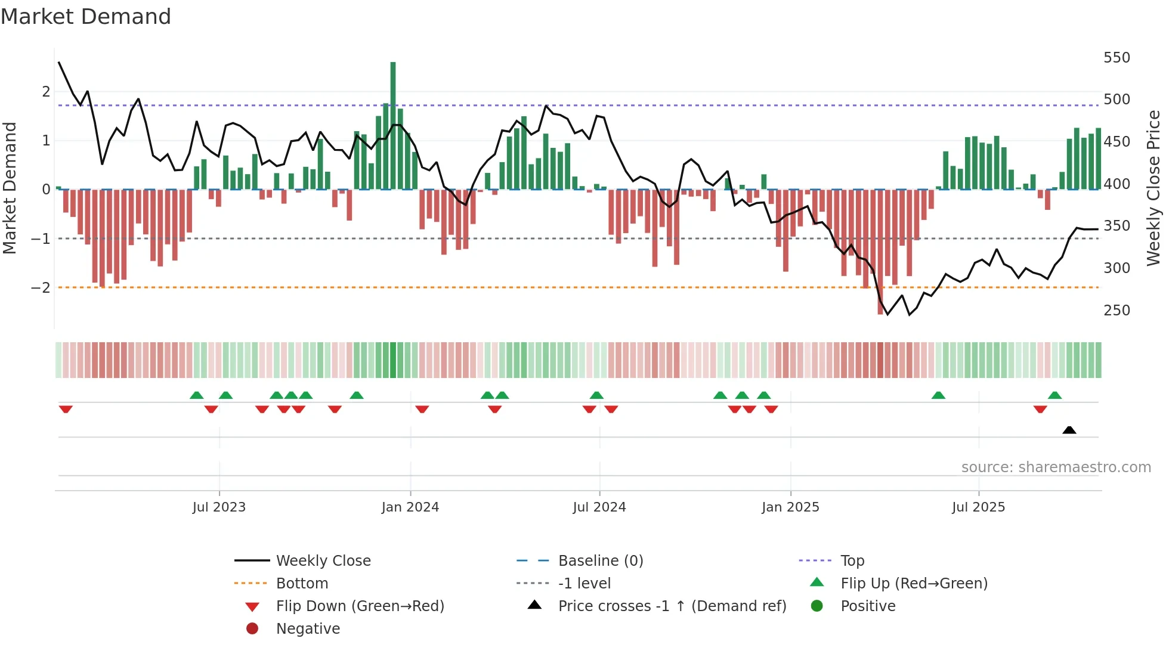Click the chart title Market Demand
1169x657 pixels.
click(86, 17)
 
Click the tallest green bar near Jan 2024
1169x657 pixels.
click(393, 125)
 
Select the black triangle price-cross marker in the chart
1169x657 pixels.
click(1069, 430)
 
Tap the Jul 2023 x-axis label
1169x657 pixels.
click(219, 507)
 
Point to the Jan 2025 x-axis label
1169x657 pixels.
click(790, 507)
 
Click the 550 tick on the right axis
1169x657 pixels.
click(1117, 58)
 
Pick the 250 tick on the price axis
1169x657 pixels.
click(1117, 311)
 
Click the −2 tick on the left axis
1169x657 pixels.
click(41, 288)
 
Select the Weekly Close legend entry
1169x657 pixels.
click(323, 561)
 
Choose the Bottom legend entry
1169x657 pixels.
click(302, 584)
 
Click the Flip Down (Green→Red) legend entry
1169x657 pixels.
click(360, 606)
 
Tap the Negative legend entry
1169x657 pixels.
click(308, 629)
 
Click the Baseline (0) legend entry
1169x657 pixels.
click(600, 561)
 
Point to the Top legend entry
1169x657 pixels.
click(852, 561)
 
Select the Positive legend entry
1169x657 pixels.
click(868, 606)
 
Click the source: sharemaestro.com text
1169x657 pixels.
click(1056, 467)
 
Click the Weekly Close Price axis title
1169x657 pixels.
click(1153, 188)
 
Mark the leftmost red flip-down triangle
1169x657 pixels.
click(66, 409)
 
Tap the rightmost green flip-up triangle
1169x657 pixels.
click(1054, 395)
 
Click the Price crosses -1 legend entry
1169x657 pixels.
click(672, 606)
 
